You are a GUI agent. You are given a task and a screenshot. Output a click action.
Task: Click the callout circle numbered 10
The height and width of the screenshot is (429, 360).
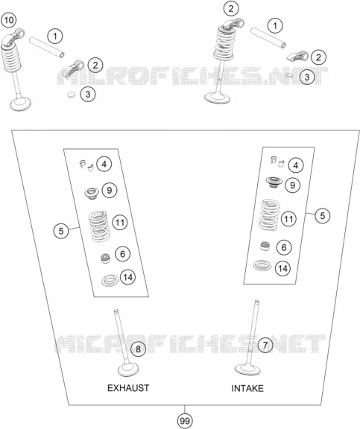click(8, 20)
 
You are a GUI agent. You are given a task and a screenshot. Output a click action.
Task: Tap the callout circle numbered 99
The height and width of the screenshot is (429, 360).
click(185, 421)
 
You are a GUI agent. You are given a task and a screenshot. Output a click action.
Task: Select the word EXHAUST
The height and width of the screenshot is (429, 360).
click(128, 388)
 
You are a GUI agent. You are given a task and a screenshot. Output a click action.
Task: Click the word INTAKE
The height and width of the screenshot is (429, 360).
click(247, 388)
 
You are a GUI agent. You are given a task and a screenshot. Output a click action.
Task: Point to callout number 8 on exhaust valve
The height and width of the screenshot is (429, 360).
click(138, 349)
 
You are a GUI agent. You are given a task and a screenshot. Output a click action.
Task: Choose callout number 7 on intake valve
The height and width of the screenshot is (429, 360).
click(265, 345)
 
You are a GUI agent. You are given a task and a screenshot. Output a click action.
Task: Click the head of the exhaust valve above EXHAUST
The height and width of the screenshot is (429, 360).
click(128, 370)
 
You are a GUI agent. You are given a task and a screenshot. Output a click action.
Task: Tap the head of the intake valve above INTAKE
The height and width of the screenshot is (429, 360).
click(247, 368)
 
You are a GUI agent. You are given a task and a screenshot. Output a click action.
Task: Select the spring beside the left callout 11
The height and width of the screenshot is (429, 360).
click(99, 226)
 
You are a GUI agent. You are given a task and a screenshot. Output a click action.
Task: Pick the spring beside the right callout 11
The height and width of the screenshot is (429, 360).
click(269, 214)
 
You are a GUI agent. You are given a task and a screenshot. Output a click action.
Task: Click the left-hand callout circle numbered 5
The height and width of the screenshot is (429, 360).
click(61, 231)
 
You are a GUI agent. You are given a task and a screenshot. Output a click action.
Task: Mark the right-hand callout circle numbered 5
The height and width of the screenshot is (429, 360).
click(323, 215)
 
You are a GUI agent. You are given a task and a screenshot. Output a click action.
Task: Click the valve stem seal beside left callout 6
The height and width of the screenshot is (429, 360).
click(105, 258)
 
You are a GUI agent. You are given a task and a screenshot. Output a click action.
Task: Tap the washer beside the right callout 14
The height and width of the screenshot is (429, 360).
click(262, 265)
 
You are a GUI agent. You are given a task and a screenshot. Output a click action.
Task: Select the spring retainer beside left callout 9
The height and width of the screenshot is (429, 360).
click(92, 193)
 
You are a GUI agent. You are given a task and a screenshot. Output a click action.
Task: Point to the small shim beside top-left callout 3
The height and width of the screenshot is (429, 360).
click(71, 95)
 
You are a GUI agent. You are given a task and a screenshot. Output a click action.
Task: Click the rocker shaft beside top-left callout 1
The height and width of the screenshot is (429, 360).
click(47, 48)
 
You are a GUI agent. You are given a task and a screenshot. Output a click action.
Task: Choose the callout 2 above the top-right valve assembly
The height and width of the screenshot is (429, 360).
click(231, 9)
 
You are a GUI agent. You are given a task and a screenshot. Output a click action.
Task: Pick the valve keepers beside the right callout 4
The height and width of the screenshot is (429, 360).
click(277, 162)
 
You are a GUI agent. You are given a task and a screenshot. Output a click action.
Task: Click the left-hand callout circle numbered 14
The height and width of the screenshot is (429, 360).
click(127, 277)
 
